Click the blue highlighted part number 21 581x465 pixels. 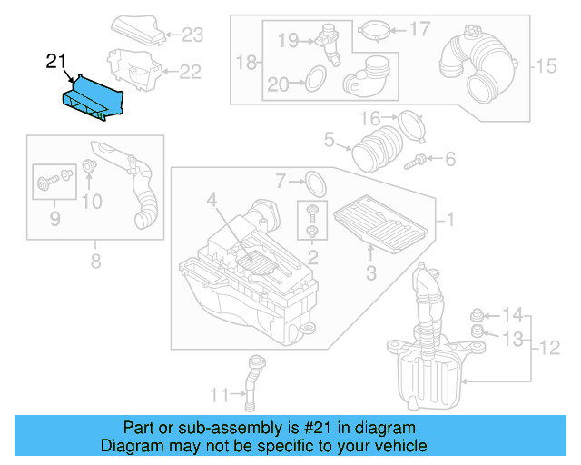[94, 97]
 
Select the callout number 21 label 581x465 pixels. [56, 62]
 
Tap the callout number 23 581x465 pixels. [192, 35]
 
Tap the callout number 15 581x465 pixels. [544, 65]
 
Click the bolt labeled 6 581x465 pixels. [417, 161]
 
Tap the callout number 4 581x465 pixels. [211, 199]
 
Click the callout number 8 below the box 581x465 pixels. [95, 263]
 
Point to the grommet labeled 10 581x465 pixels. [90, 166]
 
